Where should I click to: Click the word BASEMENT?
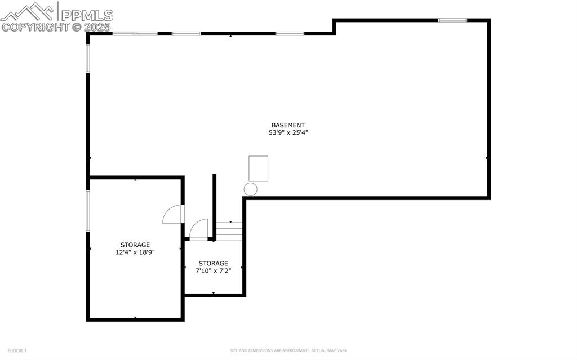pos(288,125)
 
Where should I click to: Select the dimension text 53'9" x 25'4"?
pos(288,133)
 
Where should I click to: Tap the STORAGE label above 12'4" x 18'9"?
pos(135,245)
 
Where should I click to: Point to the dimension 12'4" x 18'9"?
pos(135,252)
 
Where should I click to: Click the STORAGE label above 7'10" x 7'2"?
pos(213,263)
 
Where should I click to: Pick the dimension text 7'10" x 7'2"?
pos(213,271)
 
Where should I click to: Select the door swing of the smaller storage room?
pos(199,229)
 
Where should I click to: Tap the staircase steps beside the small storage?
pos(229,231)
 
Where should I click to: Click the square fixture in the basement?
pos(258,168)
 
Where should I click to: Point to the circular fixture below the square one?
pos(250,189)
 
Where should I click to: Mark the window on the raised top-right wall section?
pos(452,20)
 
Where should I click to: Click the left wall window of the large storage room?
pos(88,210)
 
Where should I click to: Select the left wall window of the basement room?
pos(88,58)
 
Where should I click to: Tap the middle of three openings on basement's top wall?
pos(186,33)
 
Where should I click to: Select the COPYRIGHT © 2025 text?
pos(56,26)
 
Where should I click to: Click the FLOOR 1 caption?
pos(17,350)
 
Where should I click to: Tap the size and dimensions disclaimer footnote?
pos(288,350)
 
